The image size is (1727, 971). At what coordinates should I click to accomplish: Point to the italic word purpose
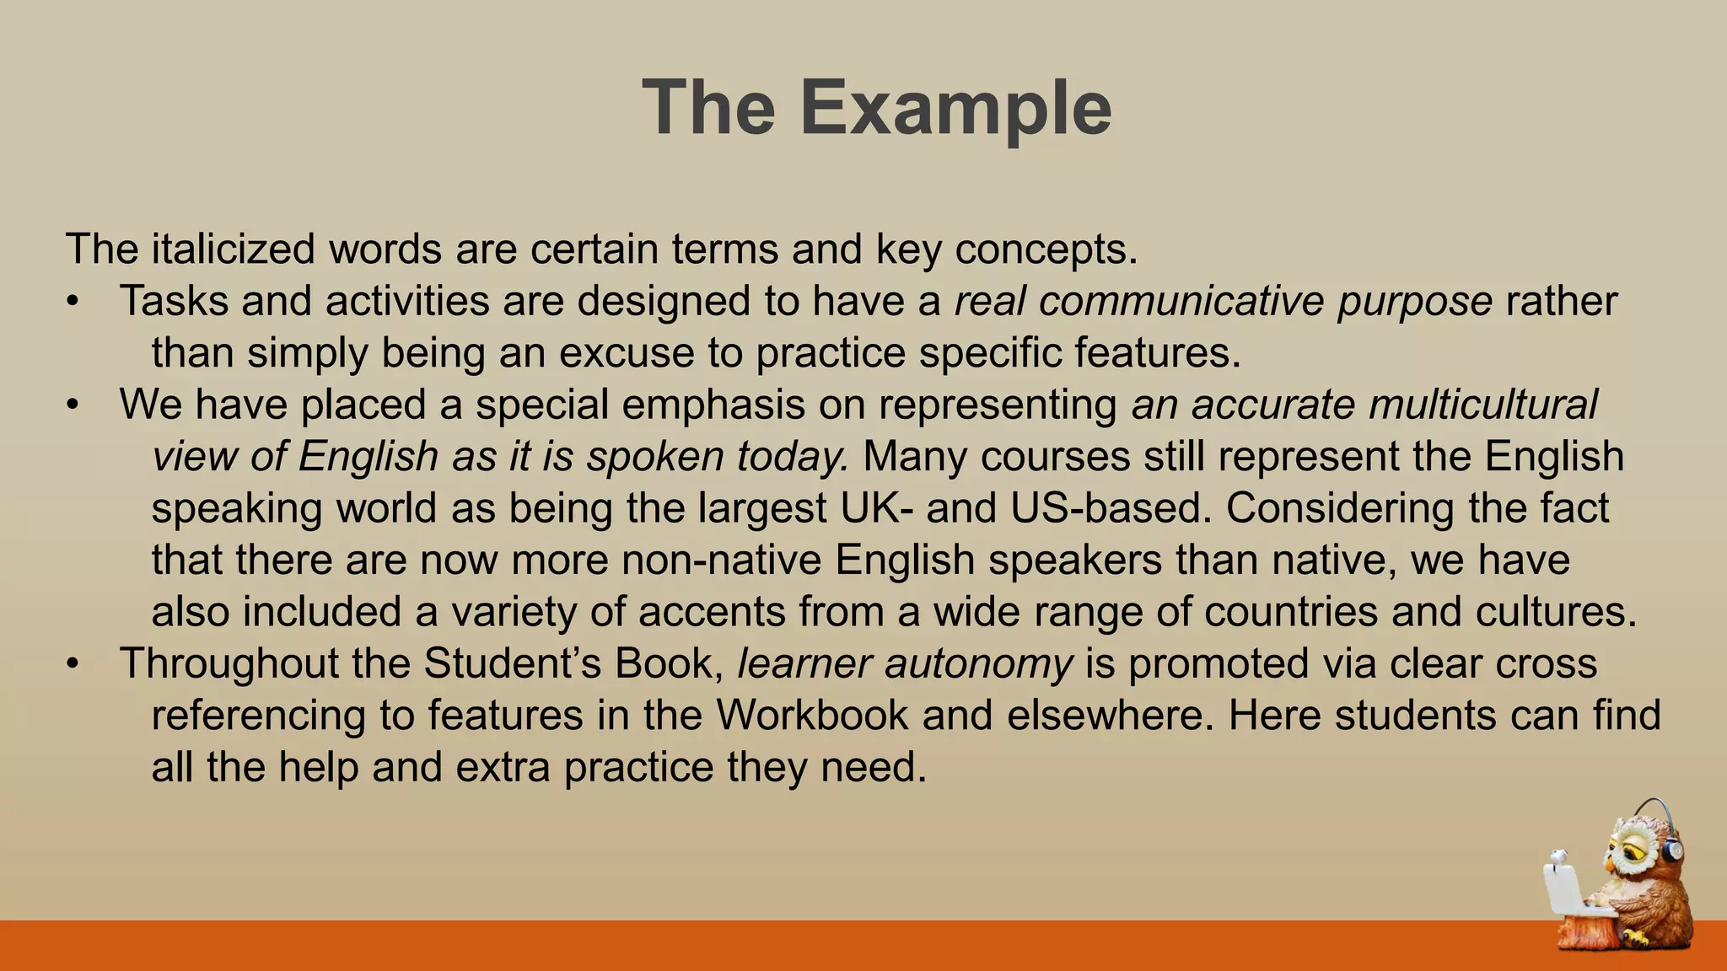pos(1414,302)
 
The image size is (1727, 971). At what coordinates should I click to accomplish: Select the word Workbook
pos(812,716)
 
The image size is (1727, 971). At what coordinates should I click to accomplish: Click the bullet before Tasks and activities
pos(73,302)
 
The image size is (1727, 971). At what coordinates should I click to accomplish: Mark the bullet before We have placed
pos(73,405)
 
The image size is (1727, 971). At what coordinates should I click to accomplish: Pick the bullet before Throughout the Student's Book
pos(73,663)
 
